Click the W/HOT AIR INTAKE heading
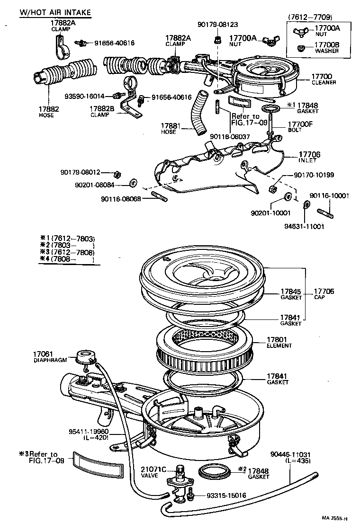click(x=55, y=13)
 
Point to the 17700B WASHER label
click(x=327, y=48)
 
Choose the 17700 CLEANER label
click(x=323, y=79)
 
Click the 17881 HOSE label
click(x=169, y=129)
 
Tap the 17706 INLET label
click(x=309, y=157)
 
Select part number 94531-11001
click(x=304, y=226)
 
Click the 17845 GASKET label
click(x=291, y=294)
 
